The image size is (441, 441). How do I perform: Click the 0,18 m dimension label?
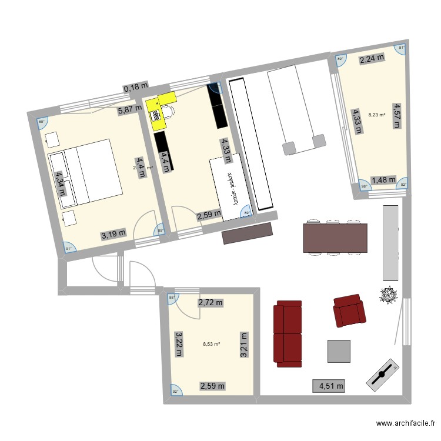pyautogui.click(x=136, y=88)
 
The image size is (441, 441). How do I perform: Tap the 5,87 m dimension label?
pyautogui.click(x=130, y=109)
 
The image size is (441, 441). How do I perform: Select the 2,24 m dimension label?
pyautogui.click(x=372, y=58)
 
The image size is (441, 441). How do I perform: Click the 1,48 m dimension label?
pyautogui.click(x=383, y=181)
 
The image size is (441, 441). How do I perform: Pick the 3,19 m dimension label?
pyautogui.click(x=113, y=235)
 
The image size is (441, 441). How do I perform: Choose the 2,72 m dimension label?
pyautogui.click(x=211, y=303)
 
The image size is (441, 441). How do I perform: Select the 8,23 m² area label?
pyautogui.click(x=376, y=115)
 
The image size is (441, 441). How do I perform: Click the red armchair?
pyautogui.click(x=349, y=310)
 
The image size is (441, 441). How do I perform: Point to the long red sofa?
pyautogui.click(x=288, y=332)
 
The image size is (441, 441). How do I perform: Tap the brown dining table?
pyautogui.click(x=335, y=238)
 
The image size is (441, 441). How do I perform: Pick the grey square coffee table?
pyautogui.click(x=339, y=351)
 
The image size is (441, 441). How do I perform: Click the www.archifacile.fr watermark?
pyautogui.click(x=406, y=423)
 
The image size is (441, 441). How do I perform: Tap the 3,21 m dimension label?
pyautogui.click(x=243, y=344)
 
